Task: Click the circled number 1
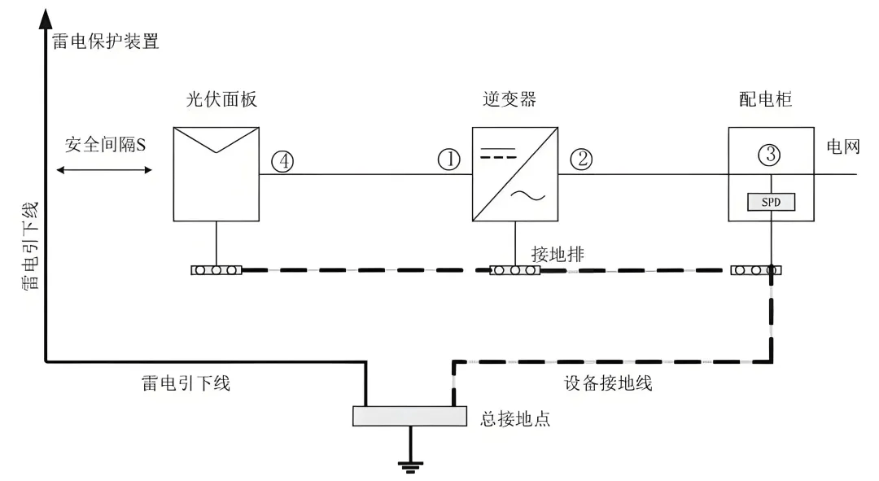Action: (449, 160)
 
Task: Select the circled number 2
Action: (581, 160)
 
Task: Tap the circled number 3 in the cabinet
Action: (770, 152)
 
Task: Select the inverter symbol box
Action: (514, 174)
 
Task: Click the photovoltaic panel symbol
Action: (216, 173)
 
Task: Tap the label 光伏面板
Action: (216, 100)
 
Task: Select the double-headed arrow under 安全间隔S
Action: (105, 170)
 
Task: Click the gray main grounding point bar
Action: (409, 416)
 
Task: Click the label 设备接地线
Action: (608, 383)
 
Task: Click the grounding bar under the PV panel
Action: (216, 269)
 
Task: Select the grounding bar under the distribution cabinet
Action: (756, 269)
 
